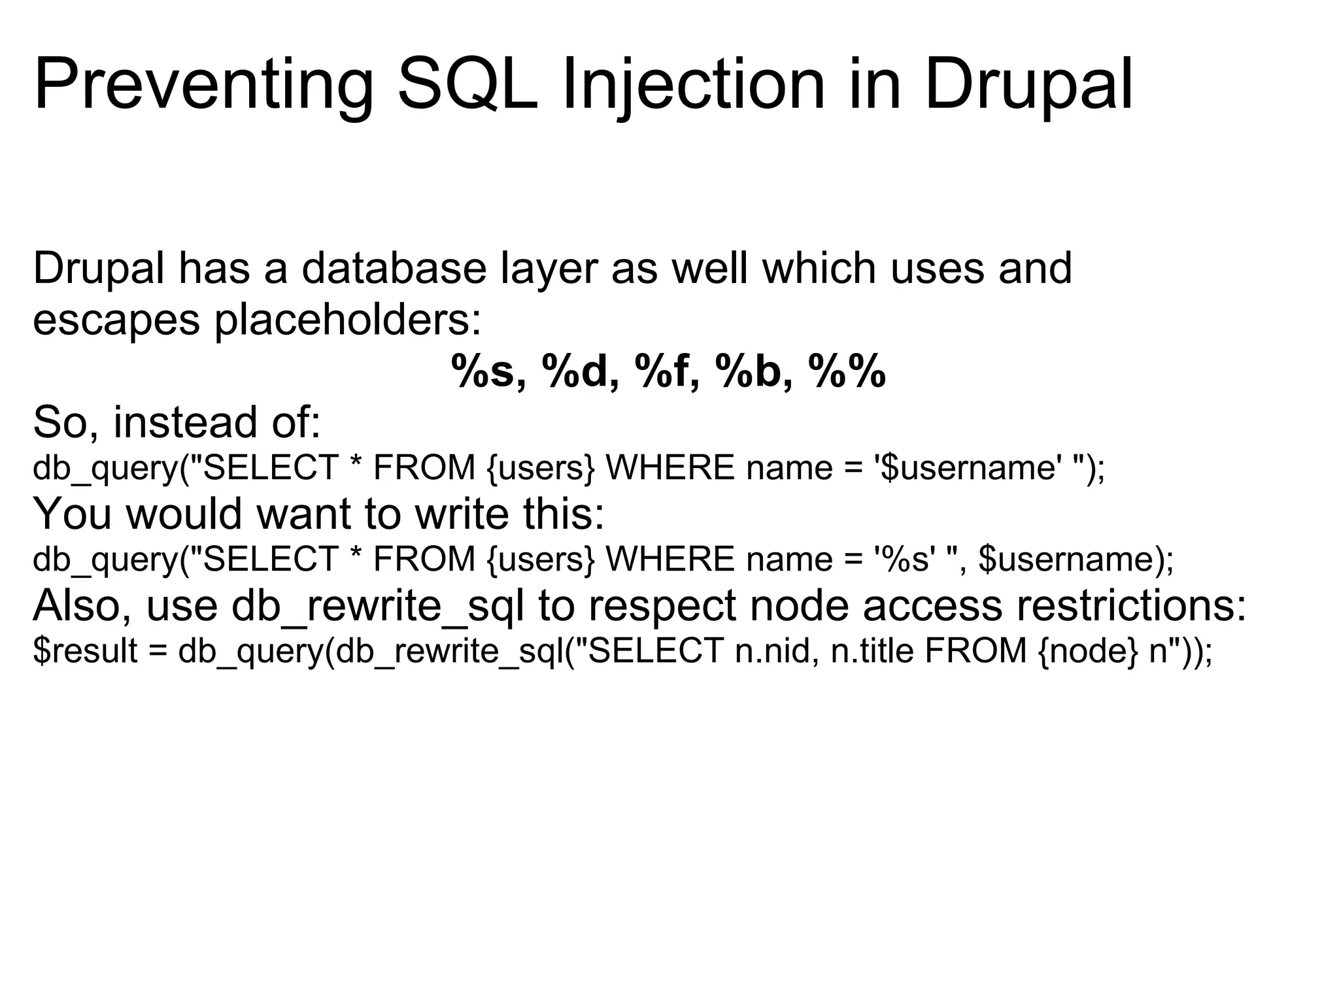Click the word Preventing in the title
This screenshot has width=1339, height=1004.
tap(203, 85)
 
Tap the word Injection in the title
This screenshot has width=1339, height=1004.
tap(693, 85)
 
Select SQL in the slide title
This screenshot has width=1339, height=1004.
tap(467, 85)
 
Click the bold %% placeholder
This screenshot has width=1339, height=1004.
tap(847, 372)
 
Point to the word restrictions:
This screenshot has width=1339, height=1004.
tap(1131, 606)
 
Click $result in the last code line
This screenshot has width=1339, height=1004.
tap(85, 651)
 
